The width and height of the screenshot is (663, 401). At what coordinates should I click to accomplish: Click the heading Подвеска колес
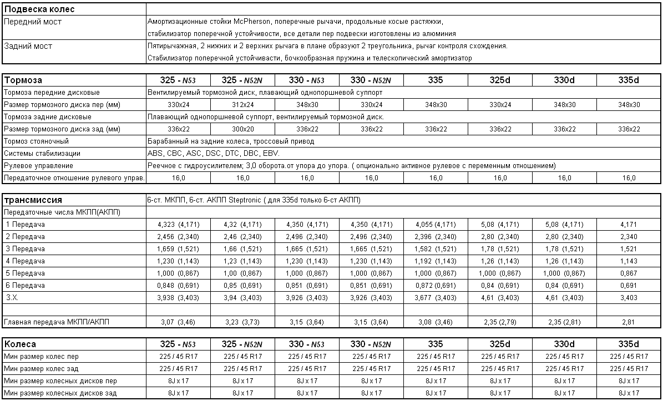(x=39, y=9)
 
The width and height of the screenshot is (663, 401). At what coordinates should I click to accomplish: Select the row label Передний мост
(x=33, y=22)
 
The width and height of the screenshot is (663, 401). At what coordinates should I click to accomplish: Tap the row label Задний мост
(x=28, y=46)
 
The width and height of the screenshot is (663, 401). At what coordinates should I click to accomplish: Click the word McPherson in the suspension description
(x=251, y=22)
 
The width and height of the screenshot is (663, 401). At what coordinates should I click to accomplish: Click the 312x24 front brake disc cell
(x=243, y=105)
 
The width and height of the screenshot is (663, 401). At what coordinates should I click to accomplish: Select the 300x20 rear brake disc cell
(x=243, y=129)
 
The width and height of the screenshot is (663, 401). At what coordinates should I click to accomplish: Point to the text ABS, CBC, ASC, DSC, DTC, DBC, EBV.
(x=214, y=154)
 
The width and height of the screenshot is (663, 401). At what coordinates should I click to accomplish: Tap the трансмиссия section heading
(x=33, y=200)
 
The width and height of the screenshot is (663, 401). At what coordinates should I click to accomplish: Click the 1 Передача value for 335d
(x=629, y=225)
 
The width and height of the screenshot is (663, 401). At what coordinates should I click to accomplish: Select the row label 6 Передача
(x=25, y=286)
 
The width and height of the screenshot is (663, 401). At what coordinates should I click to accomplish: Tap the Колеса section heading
(x=20, y=344)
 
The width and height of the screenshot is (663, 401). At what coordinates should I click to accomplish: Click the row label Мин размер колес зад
(x=41, y=368)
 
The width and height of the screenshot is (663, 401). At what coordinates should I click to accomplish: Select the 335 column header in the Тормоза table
(x=436, y=80)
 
